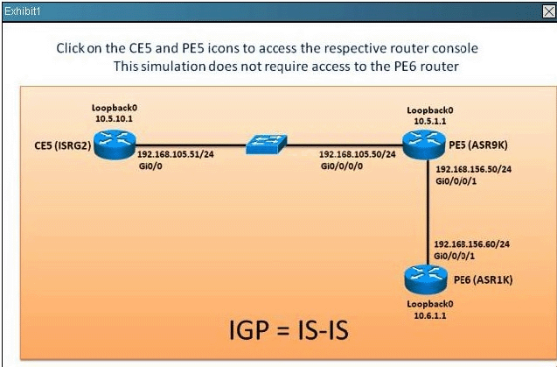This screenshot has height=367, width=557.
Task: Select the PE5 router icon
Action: (x=422, y=142)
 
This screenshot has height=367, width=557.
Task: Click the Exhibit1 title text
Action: (x=23, y=10)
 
